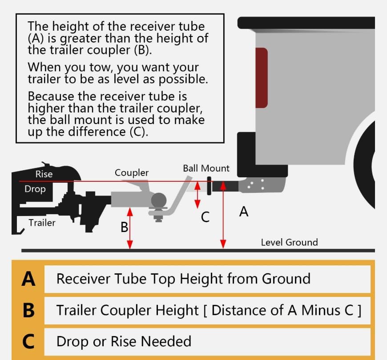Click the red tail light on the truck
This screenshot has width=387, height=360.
(261, 77)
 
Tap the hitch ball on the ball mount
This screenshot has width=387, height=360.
(158, 200)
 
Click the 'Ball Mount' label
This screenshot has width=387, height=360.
(206, 168)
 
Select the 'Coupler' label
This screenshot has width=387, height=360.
(132, 172)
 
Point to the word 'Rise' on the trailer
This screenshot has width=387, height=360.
(44, 174)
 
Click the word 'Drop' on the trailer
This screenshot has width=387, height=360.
(35, 189)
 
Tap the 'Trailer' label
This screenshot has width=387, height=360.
(42, 222)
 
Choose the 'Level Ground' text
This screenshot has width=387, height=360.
(289, 242)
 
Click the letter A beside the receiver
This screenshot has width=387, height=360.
(243, 212)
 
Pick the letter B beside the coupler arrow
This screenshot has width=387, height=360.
(124, 227)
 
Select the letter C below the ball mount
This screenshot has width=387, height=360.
(205, 218)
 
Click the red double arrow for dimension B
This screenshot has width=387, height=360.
(130, 229)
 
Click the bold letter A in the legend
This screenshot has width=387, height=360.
(28, 279)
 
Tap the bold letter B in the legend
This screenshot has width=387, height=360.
(28, 310)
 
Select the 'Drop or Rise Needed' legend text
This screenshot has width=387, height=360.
(124, 341)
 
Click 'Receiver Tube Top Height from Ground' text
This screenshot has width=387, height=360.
(183, 279)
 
